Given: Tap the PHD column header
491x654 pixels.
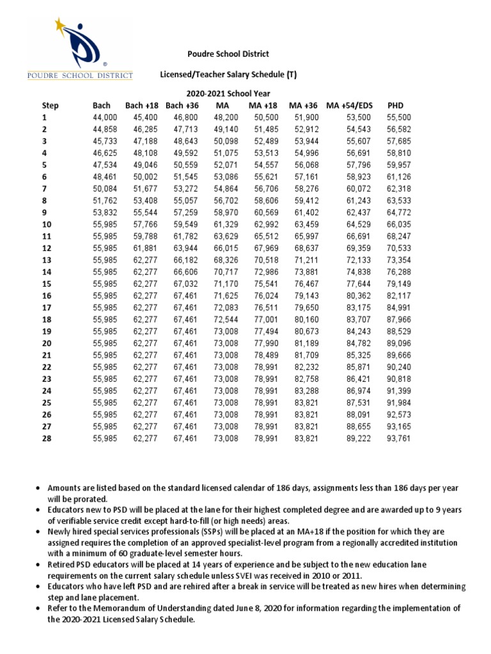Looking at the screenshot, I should pyautogui.click(x=396, y=105).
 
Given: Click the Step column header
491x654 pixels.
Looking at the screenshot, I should pyautogui.click(x=50, y=105).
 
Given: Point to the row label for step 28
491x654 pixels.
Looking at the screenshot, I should pyautogui.click(x=46, y=438).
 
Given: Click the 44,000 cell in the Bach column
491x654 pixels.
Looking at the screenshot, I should pyautogui.click(x=105, y=118).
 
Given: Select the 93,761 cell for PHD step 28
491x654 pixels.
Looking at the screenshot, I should pyautogui.click(x=400, y=438).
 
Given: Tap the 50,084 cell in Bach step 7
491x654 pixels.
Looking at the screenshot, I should pyautogui.click(x=105, y=188).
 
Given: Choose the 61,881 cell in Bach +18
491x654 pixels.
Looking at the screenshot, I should pyautogui.click(x=145, y=248).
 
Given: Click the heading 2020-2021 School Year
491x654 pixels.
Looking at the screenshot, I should pyautogui.click(x=228, y=93).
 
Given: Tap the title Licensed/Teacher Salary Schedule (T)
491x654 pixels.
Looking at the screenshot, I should pyautogui.click(x=228, y=75).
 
